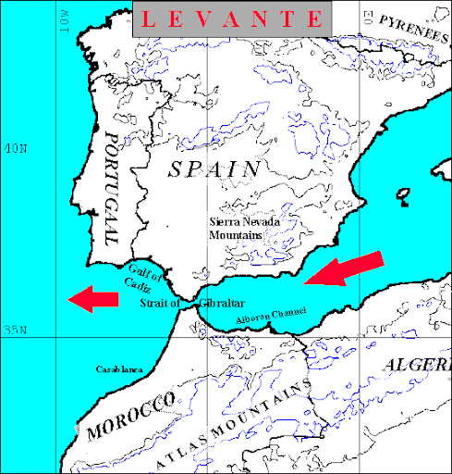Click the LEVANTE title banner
[230, 19]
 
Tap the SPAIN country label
[214, 168]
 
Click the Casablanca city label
[119, 368]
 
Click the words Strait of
[160, 304]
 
